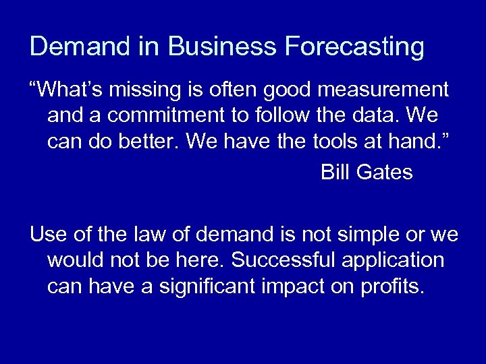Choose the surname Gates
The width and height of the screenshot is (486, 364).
point(385,173)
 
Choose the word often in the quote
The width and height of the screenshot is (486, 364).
point(241,90)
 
